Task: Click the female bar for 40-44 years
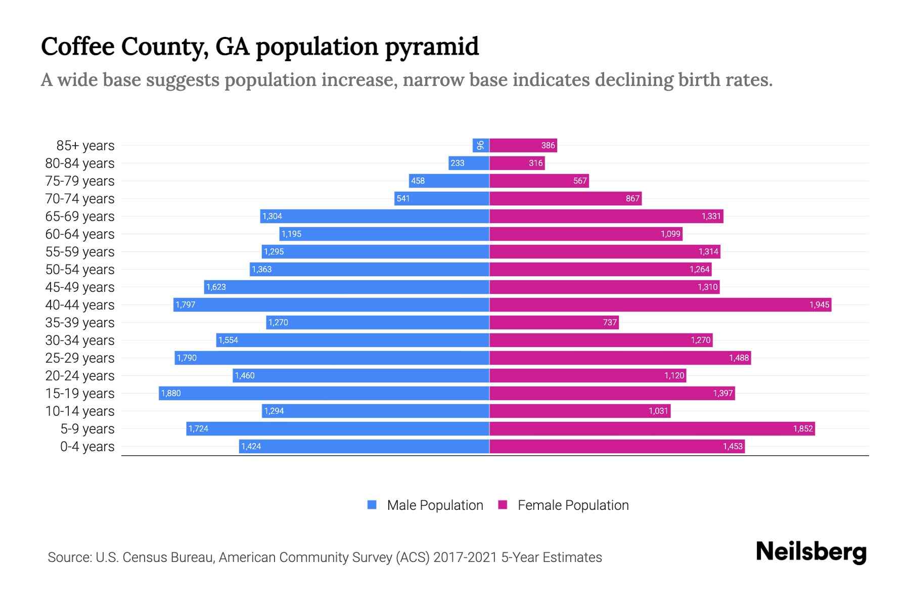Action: tap(660, 305)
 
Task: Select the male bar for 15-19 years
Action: tap(324, 393)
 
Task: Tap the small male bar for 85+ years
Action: tap(480, 145)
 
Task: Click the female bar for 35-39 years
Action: tap(554, 322)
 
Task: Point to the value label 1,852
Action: tap(803, 429)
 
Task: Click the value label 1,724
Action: tap(198, 429)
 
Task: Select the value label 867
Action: tap(632, 199)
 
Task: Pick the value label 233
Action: tap(457, 163)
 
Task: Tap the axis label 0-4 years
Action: tap(87, 447)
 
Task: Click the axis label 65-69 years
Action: tap(80, 216)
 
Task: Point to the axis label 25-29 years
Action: tap(80, 358)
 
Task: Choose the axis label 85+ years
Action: tap(85, 146)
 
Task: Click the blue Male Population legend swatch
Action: tap(372, 505)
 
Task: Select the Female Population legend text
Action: tap(573, 505)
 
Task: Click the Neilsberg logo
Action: tap(811, 552)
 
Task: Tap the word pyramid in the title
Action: tap(432, 47)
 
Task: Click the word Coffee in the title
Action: tap(77, 47)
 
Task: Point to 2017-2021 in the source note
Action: tap(465, 557)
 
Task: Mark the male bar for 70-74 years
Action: tap(441, 198)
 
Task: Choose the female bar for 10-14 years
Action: tap(580, 411)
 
